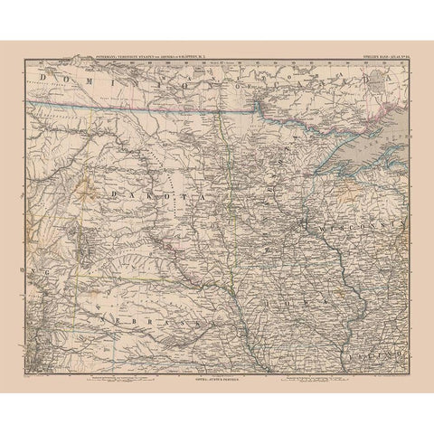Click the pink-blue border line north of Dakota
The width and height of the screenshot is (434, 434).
click(136, 108)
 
